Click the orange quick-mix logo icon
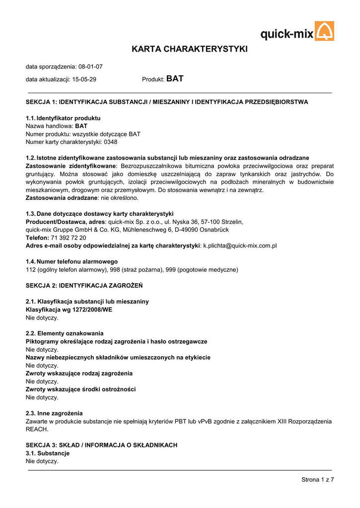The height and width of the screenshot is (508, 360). (x=325, y=31)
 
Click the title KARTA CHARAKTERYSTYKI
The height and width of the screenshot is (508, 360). (x=189, y=49)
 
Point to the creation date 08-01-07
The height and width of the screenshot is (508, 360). (x=90, y=66)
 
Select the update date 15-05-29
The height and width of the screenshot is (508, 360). (x=84, y=79)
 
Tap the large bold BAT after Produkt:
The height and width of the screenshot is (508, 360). (x=175, y=79)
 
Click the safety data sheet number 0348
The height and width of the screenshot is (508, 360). (x=111, y=142)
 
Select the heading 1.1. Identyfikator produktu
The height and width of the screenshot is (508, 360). (x=63, y=118)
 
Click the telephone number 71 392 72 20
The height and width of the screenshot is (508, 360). (x=69, y=238)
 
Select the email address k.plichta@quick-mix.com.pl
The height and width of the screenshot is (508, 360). (x=240, y=246)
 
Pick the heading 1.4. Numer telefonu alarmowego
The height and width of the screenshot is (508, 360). (x=72, y=261)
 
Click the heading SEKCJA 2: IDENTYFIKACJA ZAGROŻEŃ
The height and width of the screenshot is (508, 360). (x=84, y=285)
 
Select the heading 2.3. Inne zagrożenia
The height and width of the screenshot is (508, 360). (x=54, y=413)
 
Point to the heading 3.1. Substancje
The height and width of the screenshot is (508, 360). (x=48, y=453)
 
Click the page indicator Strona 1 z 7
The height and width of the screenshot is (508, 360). (x=317, y=479)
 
